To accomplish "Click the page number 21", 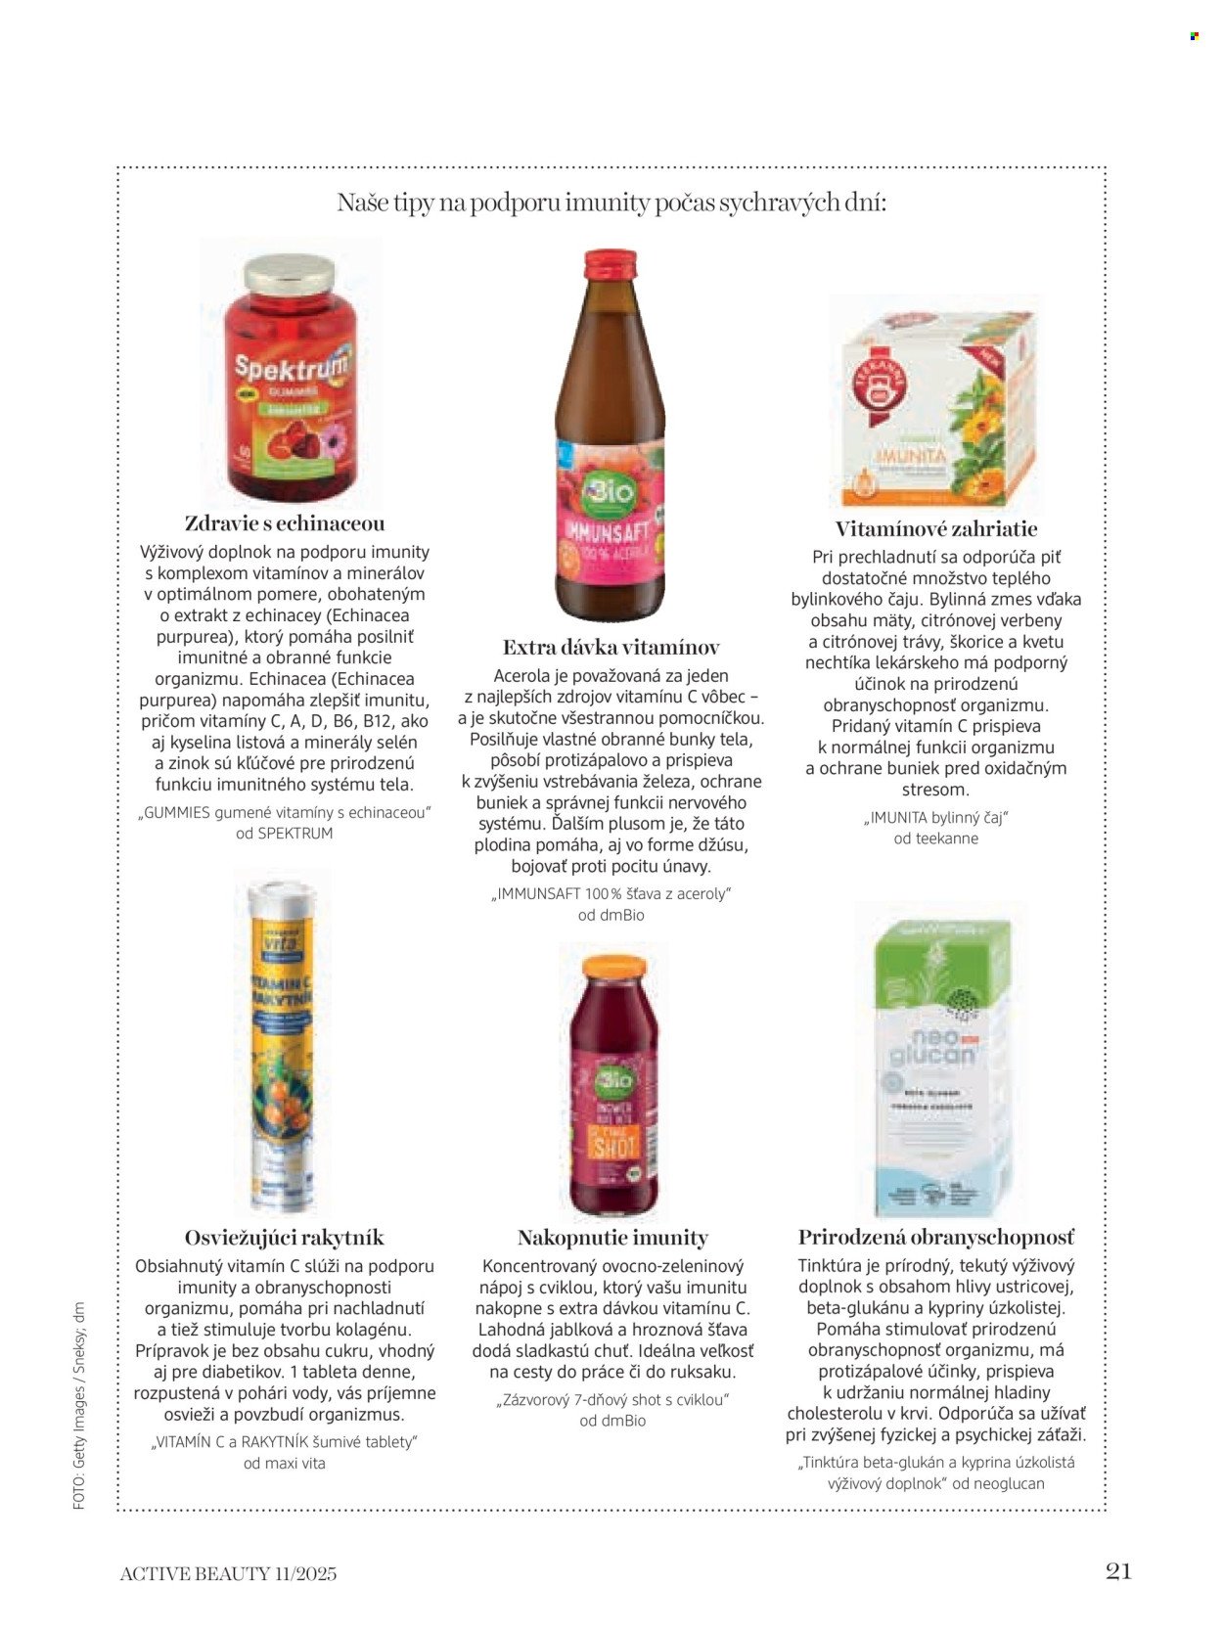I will pos(1118,1570).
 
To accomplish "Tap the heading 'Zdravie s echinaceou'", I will pos(285,523).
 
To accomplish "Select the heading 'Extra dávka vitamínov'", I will pos(611,648).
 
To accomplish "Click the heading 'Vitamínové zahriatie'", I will pos(936,529).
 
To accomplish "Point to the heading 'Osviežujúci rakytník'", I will pos(285,1238).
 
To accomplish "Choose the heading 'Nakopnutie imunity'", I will pos(612,1238).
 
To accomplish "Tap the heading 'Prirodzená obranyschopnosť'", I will pos(936,1238).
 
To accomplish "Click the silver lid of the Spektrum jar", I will pos(289,275).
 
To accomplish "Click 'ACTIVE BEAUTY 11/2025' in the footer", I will pos(228,1573).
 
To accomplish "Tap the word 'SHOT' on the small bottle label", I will pos(614,1144).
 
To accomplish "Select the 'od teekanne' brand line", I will pos(935,838).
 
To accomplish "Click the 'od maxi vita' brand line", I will pos(285,1464).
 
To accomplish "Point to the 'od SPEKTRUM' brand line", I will pos(285,834).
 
